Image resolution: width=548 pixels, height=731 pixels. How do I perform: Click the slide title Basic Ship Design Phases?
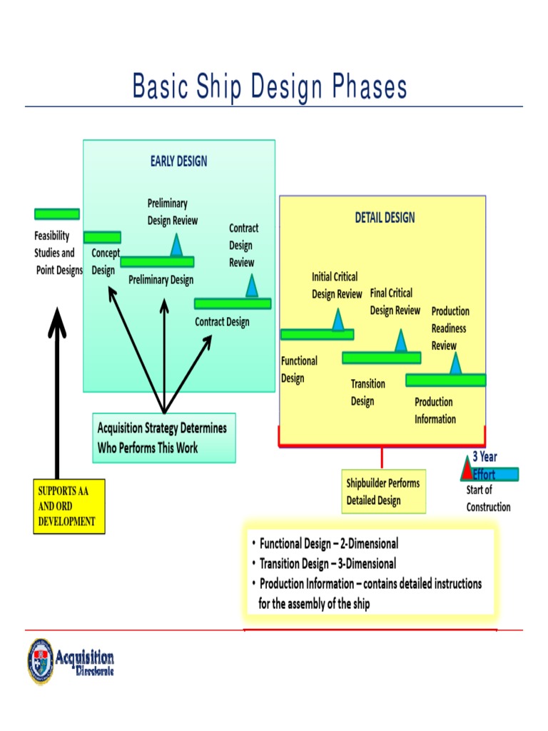coord(270,88)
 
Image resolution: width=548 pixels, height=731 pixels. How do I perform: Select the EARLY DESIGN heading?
coord(178,161)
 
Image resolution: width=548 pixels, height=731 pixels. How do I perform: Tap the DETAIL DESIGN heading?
coord(385,218)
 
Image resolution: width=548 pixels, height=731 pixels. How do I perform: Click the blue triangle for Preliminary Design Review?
coord(176,246)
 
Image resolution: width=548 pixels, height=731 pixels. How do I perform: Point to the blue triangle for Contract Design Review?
coord(252,286)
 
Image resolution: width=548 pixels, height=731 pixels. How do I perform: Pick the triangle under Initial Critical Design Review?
coord(338,321)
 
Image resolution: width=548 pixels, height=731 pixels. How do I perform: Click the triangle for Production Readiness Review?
coord(455,364)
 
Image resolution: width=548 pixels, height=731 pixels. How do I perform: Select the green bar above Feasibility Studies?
coord(56,214)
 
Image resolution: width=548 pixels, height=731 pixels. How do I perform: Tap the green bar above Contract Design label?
coord(233,303)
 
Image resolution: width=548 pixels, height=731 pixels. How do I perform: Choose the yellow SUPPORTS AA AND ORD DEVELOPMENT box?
coord(71,506)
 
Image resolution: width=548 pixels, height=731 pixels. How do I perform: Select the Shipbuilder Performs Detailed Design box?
coord(383,492)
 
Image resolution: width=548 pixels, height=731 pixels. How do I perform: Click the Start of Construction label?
coord(488,498)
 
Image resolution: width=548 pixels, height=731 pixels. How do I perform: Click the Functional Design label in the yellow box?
coord(299,370)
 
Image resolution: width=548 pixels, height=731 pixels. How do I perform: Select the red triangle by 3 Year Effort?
coord(467,470)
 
